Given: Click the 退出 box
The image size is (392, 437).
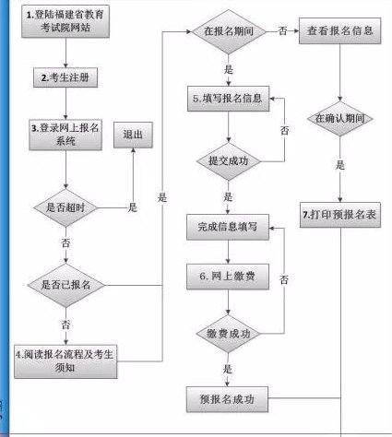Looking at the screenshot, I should pos(133,135).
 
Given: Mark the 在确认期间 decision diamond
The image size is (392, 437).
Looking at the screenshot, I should pos(342,119).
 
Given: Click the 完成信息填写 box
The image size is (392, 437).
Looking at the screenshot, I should pos(227,225).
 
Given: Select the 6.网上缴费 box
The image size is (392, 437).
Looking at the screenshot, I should pos(227,276).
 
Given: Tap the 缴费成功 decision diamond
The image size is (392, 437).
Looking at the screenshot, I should pos(227,334).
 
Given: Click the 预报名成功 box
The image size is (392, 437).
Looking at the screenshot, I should pos(227,399).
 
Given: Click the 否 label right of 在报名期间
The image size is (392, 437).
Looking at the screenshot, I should pos(281,30).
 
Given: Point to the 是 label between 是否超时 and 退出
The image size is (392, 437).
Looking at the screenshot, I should pos(133,207).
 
